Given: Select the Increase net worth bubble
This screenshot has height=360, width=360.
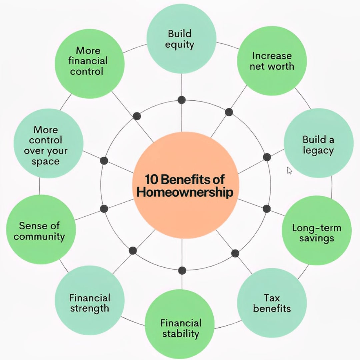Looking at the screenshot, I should (272, 61).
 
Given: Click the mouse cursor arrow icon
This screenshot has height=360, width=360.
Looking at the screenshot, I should (289, 171).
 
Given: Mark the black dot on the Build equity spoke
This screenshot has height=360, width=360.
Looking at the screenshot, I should (182, 100).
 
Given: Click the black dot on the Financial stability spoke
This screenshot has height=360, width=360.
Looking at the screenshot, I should (182, 270).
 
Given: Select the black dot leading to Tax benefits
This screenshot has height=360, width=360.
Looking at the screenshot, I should (235, 253).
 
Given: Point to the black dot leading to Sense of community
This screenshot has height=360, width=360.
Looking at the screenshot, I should (104, 209).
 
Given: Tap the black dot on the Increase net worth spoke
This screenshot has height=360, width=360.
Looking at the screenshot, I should (229, 112).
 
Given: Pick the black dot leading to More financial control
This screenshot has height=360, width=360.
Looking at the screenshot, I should (137, 116).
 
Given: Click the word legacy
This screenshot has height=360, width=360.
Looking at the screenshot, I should (318, 150).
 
